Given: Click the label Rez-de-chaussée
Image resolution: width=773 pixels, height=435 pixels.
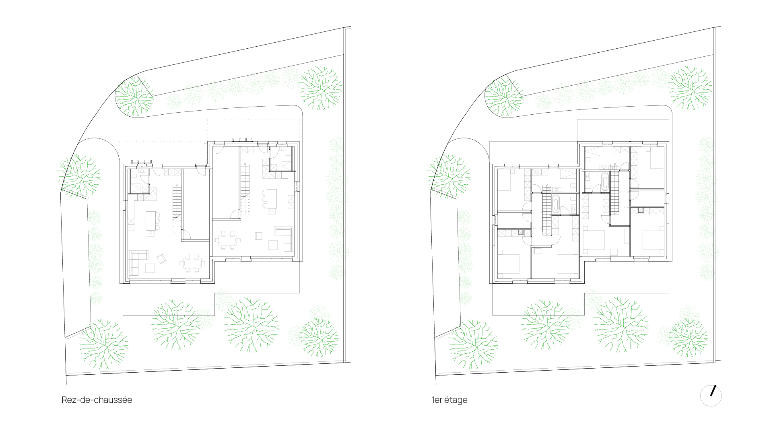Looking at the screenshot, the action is coord(97,400).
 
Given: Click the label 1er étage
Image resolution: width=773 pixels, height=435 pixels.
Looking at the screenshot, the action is coord(449,400).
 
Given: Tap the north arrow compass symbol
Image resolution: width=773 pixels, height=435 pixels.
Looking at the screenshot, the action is coord(711,396).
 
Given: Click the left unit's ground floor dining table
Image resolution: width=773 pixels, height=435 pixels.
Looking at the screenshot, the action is coord(192,263).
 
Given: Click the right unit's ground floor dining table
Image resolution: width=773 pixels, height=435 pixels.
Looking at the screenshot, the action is coord(227,240).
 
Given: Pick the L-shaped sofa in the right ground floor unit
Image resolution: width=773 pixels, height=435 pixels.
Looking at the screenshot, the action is coord(284,239).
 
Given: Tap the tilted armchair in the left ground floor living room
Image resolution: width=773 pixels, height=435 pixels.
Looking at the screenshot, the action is coord(162,259).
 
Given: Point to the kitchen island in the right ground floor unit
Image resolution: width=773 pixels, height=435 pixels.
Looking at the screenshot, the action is coord(272,199).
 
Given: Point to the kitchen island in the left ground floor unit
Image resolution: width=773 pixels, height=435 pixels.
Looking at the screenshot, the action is coord(150,221).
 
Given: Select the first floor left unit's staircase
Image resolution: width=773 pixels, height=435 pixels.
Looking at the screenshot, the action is coord(546,214).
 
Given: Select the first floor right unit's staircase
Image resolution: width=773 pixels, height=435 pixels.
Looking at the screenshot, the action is coord(614,192).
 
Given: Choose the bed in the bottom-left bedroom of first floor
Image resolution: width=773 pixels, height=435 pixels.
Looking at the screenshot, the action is coord(509,262).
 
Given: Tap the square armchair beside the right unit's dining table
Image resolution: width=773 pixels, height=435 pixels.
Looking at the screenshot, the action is coord(258,236).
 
